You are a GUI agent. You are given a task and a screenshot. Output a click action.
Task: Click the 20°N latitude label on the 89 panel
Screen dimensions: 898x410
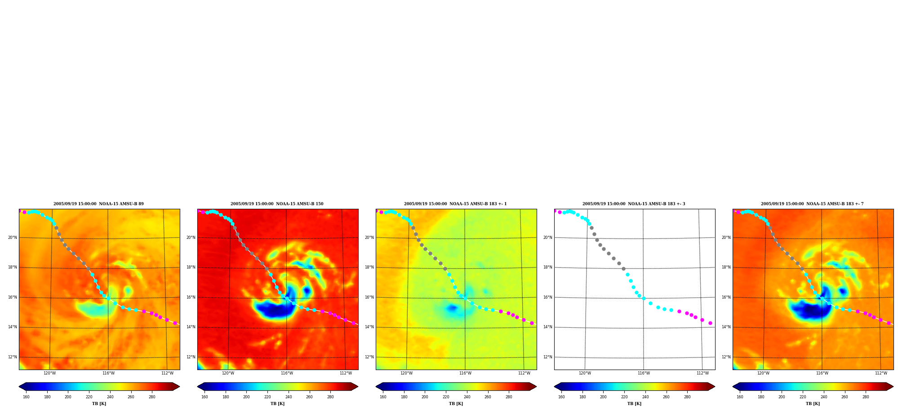12,238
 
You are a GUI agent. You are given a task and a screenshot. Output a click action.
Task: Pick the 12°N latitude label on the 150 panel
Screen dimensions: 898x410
191,357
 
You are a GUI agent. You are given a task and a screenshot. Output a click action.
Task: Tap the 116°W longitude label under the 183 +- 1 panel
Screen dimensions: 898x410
465,373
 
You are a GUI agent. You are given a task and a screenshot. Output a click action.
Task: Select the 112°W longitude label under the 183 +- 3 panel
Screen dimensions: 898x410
702,373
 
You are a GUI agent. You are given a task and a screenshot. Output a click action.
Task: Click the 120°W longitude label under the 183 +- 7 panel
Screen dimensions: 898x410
763,373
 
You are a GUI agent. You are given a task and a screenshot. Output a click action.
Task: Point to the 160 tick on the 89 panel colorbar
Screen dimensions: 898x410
26,397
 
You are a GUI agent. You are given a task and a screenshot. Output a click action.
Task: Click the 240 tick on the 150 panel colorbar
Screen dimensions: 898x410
289,397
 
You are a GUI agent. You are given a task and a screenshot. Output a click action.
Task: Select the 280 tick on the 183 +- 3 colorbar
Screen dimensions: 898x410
687,397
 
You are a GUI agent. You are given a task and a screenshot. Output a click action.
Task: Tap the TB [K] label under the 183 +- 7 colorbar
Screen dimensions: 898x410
813,404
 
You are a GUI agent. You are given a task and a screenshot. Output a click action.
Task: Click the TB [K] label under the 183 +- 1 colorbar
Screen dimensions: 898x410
456,404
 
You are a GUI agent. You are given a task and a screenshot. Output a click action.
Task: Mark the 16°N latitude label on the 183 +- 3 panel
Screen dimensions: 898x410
547,297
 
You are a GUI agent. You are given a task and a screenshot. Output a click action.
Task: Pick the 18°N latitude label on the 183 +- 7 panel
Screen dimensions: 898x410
726,267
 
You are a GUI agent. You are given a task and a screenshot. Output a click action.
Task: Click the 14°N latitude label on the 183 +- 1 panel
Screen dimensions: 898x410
369,327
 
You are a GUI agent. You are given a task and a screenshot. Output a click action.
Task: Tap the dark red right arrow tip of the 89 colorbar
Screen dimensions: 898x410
179,387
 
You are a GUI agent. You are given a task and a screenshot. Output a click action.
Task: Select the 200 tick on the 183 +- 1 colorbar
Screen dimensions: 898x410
425,397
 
